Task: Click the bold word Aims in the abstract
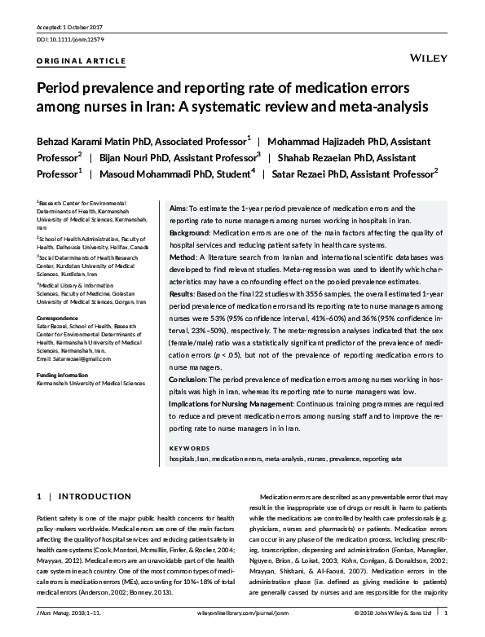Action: tap(177, 209)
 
